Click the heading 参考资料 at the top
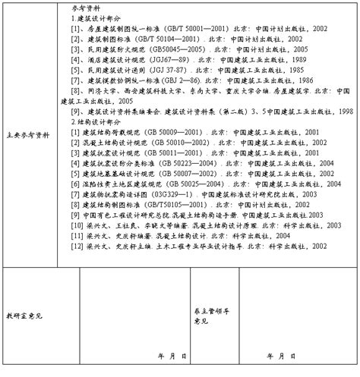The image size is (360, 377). click(x=87, y=7)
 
